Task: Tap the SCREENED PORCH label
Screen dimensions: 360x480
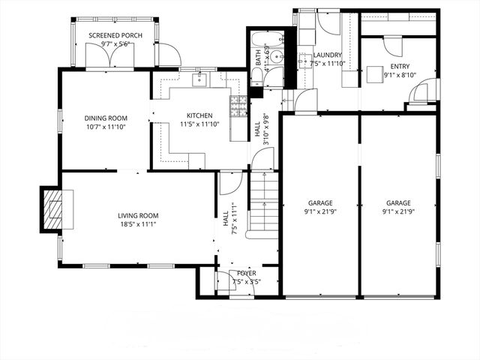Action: coord(110,35)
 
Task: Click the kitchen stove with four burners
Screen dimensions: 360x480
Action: coord(238,106)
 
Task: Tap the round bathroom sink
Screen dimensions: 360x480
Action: coord(276,56)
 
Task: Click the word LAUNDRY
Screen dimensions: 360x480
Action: coord(328,55)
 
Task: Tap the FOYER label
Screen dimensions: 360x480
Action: coord(247,273)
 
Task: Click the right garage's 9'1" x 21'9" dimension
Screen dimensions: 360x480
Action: coord(398,212)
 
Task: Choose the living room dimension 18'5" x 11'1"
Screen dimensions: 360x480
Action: coord(138,225)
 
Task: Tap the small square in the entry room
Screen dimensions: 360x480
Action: coord(374,74)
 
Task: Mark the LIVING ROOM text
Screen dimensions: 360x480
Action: coord(138,216)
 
